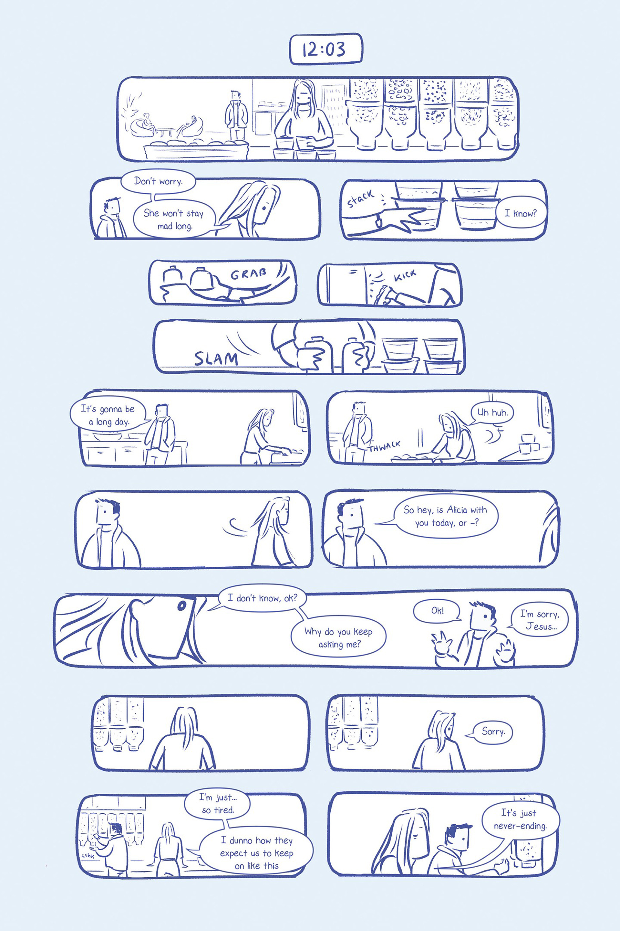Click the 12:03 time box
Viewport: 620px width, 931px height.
(x=326, y=49)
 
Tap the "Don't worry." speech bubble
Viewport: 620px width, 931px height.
(x=158, y=182)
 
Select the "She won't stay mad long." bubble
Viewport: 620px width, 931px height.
(x=174, y=219)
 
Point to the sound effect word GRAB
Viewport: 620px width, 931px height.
(x=248, y=273)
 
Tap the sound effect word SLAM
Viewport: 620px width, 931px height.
(x=216, y=358)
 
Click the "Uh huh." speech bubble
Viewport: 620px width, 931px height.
(x=492, y=413)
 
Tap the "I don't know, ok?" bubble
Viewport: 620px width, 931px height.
(x=262, y=598)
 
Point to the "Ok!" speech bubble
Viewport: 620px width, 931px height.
(x=437, y=611)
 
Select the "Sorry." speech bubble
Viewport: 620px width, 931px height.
(x=493, y=732)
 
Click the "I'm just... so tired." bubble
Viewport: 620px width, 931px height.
(x=217, y=804)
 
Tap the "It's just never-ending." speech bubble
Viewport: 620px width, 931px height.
(x=520, y=819)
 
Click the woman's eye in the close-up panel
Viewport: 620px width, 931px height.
(x=181, y=605)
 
